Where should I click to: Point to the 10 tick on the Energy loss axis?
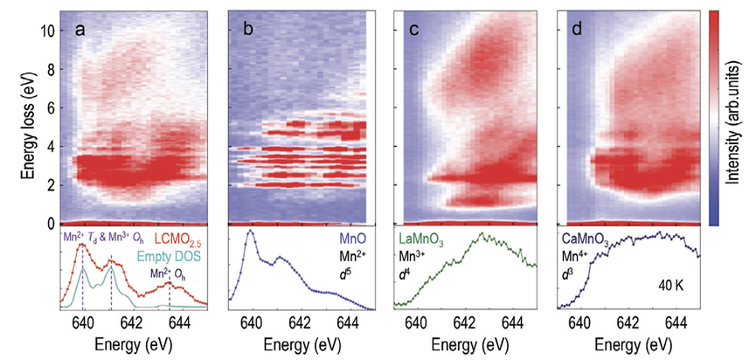click(x=44, y=31)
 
